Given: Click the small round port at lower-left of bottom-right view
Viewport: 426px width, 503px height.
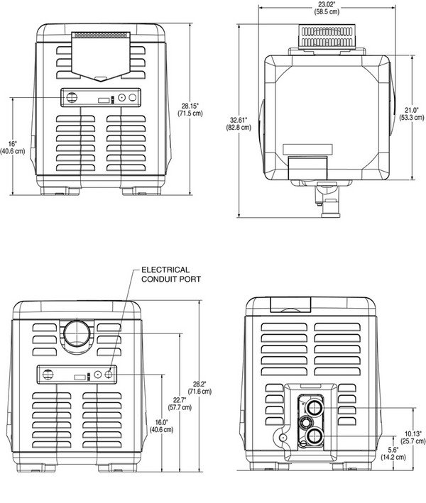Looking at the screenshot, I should click(x=284, y=438).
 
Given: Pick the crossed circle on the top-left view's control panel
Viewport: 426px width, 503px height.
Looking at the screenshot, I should click(x=71, y=99).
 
